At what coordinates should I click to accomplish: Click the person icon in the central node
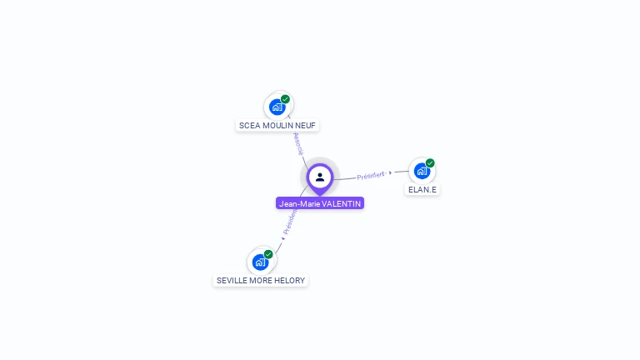320,177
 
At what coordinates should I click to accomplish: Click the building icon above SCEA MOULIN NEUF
277,107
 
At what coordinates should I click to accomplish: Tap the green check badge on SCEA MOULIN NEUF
286,99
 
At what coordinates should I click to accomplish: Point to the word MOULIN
278,126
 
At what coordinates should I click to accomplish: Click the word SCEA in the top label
249,126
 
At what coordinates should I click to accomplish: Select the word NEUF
305,126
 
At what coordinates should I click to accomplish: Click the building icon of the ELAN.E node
422,172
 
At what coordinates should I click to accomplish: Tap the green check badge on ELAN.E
430,163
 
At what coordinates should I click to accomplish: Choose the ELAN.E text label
422,190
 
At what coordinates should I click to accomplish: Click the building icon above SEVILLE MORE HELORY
260,262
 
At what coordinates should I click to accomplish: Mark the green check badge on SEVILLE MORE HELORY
268,254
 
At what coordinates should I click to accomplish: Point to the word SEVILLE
232,281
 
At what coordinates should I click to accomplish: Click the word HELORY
291,281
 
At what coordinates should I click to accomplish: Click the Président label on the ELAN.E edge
371,176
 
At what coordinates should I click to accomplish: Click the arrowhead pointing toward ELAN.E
391,172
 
